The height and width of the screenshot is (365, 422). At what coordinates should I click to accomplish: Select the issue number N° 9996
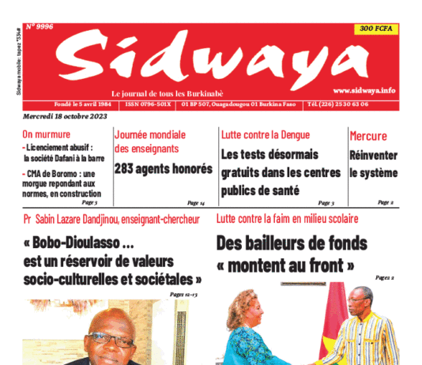41,27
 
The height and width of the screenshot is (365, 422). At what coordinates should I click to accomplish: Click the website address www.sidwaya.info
364,91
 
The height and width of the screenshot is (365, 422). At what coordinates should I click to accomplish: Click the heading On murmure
46,135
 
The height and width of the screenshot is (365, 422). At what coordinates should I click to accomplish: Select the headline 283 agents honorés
164,168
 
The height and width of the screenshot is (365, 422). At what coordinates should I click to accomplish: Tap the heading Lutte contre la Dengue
266,135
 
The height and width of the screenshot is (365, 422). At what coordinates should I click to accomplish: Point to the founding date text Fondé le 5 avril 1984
73,104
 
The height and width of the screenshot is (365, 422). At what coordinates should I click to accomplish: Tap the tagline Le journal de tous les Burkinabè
171,91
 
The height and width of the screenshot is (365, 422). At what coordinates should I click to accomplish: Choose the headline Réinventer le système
373,163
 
